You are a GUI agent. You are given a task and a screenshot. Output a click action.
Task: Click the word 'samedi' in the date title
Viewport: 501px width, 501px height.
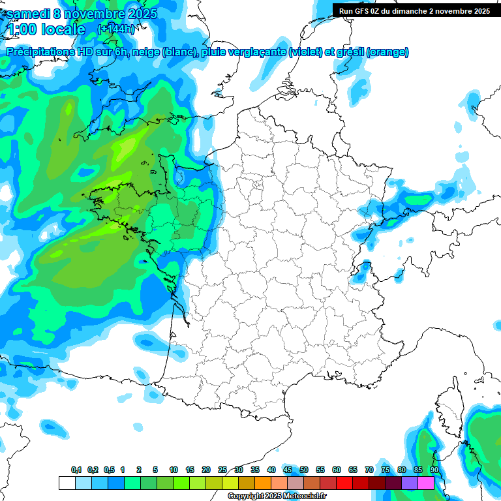point(29,14)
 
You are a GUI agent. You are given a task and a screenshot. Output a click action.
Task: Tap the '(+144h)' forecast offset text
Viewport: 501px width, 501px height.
point(116,29)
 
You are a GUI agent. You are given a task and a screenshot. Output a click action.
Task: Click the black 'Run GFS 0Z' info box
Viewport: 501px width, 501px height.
point(415,10)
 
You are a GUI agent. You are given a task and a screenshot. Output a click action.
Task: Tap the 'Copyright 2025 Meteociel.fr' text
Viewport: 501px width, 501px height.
point(277,496)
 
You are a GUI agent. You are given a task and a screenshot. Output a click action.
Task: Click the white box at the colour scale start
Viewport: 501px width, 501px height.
point(67,483)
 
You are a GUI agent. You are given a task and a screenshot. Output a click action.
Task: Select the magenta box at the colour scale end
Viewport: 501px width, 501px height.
point(426,483)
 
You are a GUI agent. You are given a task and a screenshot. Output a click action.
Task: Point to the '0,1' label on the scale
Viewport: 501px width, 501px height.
point(76,470)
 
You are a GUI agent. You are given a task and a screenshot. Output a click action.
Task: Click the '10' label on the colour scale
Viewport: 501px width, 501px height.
point(174,470)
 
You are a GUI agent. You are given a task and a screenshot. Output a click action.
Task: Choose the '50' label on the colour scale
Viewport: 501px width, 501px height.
point(304,470)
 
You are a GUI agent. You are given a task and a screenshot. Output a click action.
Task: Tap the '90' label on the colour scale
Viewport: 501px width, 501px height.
point(434,470)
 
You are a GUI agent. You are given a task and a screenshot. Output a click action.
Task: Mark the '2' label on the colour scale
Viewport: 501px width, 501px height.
point(139,470)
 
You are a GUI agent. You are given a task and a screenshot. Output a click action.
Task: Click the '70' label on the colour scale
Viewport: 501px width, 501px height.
point(369,470)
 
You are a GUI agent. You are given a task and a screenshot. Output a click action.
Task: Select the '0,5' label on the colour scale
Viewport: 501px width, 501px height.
point(109,470)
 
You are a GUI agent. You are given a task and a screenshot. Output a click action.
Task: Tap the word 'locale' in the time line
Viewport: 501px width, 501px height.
point(63,29)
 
